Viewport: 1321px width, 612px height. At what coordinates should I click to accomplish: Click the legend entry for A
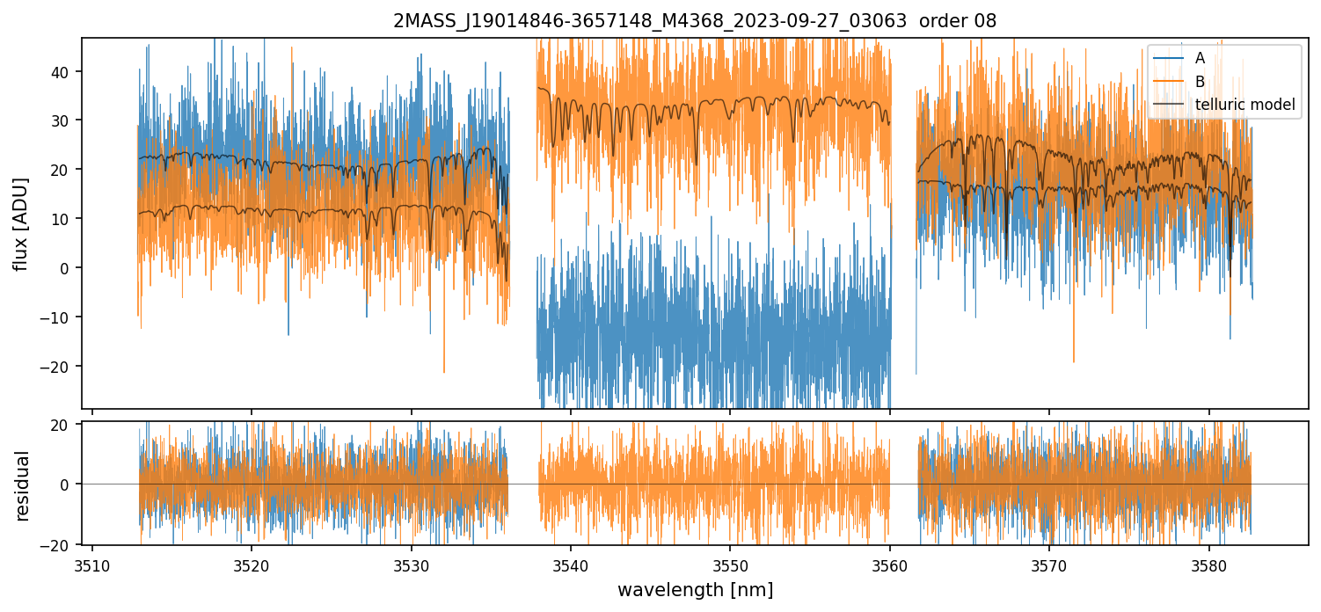pyautogui.click(x=1200, y=58)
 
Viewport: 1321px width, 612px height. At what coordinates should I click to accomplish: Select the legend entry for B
pyautogui.click(x=1200, y=82)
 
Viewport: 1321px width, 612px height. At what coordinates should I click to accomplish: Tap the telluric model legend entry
pyautogui.click(x=1244, y=105)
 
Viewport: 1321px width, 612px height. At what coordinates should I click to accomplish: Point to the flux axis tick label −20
pyautogui.click(x=58, y=367)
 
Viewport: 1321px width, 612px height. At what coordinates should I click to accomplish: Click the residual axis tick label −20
pyautogui.click(x=58, y=545)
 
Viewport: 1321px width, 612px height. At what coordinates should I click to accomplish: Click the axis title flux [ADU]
pyautogui.click(x=22, y=223)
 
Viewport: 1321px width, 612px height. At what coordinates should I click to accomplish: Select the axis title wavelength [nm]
pyautogui.click(x=695, y=589)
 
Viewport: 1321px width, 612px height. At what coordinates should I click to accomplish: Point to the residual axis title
pyautogui.click(x=22, y=484)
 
